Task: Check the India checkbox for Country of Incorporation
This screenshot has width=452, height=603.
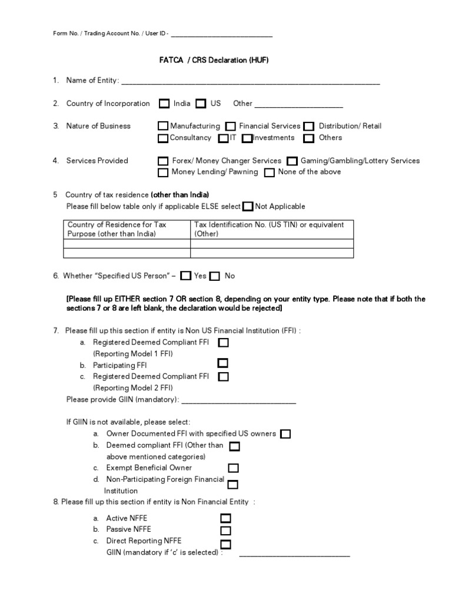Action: pos(164,104)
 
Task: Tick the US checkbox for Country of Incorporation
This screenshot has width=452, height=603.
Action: pos(201,104)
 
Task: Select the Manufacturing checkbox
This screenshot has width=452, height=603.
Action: pos(163,126)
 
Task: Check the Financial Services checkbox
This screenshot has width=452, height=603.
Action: pos(231,126)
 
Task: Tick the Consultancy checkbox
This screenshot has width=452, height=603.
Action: pos(163,138)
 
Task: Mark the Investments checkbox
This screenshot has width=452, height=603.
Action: pos(247,138)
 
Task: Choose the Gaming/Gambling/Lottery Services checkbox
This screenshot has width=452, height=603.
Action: pos(292,161)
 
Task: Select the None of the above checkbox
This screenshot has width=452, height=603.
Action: pos(270,173)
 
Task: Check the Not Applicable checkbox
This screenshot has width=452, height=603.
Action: pos(248,206)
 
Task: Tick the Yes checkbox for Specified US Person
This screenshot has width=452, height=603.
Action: pos(186,276)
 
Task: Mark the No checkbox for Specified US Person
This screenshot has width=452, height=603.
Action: pos(215,276)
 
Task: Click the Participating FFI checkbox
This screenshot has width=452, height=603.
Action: pos(223,363)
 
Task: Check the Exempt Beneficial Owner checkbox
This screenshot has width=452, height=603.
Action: pos(233,468)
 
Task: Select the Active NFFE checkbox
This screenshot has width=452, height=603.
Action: pos(225,518)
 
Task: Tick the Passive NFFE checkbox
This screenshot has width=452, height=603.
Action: pos(225,531)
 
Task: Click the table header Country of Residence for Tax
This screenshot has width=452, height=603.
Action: pos(117,225)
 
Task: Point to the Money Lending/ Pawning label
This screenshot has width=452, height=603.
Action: pos(214,172)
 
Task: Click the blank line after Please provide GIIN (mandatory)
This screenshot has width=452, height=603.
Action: pos(238,402)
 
